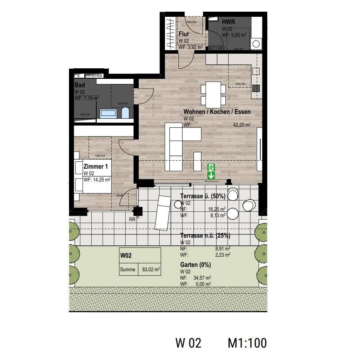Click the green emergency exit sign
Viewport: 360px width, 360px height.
(x=211, y=172)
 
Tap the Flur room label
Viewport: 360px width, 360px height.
(x=184, y=34)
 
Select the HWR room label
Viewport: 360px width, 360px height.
(x=228, y=22)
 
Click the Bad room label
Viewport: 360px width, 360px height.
(x=80, y=85)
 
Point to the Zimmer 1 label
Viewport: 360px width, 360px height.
(x=96, y=166)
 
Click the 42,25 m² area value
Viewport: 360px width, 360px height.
(x=242, y=125)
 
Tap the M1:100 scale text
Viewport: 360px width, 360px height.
(x=247, y=343)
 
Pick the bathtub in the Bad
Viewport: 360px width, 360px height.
(x=108, y=113)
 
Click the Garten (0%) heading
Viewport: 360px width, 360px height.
(x=195, y=265)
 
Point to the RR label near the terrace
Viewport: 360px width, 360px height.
(x=132, y=219)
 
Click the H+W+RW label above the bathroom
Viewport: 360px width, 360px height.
(x=95, y=76)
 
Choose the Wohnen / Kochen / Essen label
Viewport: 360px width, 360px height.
(x=217, y=112)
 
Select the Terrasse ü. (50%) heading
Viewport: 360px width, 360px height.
(x=203, y=196)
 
